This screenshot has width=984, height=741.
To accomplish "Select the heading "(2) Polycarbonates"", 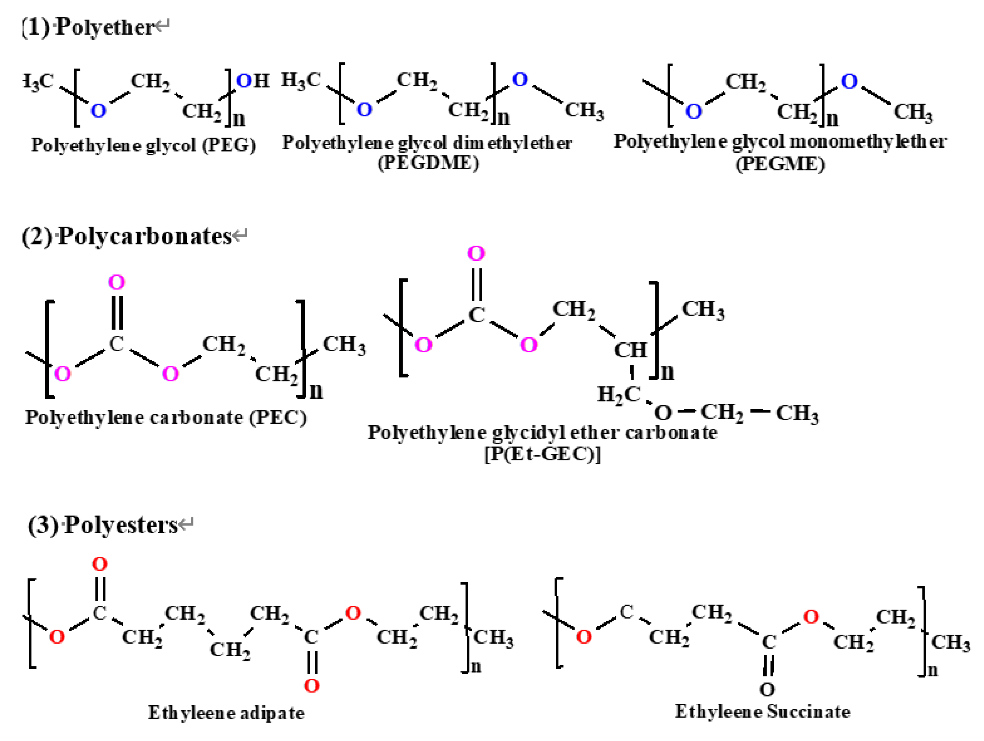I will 133,236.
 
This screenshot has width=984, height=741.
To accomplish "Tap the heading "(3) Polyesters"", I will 109,524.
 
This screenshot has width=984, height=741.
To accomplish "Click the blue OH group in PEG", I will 253,81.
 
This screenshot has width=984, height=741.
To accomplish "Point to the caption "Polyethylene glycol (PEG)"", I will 143,145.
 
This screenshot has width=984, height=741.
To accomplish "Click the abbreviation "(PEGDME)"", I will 428,163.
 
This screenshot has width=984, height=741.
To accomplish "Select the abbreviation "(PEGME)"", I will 780,164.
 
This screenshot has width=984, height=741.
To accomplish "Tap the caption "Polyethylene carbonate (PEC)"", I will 165,417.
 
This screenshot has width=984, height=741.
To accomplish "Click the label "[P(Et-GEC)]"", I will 542,454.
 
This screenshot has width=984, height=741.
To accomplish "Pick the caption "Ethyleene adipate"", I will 226,713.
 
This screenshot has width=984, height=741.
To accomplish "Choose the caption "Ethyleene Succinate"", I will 762,712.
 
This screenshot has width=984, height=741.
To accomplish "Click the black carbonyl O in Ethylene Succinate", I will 767,689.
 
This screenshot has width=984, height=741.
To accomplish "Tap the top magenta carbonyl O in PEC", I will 117,282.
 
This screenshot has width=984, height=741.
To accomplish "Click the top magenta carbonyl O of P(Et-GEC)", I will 476,253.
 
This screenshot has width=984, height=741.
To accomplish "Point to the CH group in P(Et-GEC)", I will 630,350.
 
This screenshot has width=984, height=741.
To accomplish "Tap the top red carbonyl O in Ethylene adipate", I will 100,564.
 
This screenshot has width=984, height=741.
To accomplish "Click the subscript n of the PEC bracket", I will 316,391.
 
